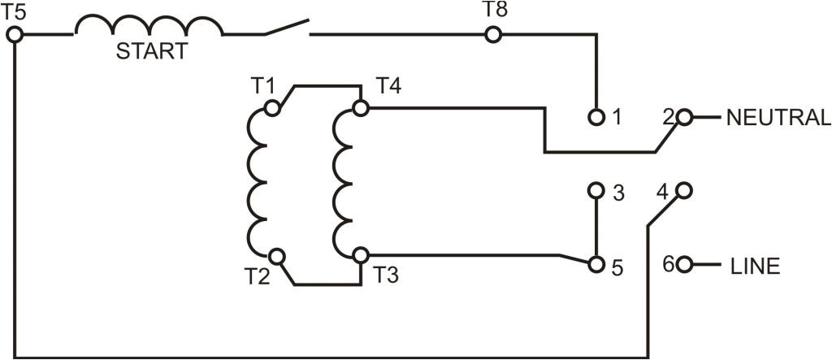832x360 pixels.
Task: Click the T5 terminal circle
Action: [15, 35]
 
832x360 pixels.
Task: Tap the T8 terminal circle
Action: [492, 35]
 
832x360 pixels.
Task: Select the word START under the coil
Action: [151, 53]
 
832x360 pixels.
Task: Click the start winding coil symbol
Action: [149, 27]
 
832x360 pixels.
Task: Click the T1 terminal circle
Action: [275, 107]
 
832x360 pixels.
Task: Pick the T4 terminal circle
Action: [360, 107]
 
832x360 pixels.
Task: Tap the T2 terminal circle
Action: [277, 256]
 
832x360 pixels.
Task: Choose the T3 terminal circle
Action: [360, 256]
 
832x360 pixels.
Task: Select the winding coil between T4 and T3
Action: [343, 181]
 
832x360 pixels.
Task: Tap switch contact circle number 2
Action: [684, 117]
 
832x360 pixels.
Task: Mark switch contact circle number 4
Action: [684, 192]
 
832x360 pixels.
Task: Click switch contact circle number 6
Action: [684, 265]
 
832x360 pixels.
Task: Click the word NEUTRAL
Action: [778, 118]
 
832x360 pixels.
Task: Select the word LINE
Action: [755, 266]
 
